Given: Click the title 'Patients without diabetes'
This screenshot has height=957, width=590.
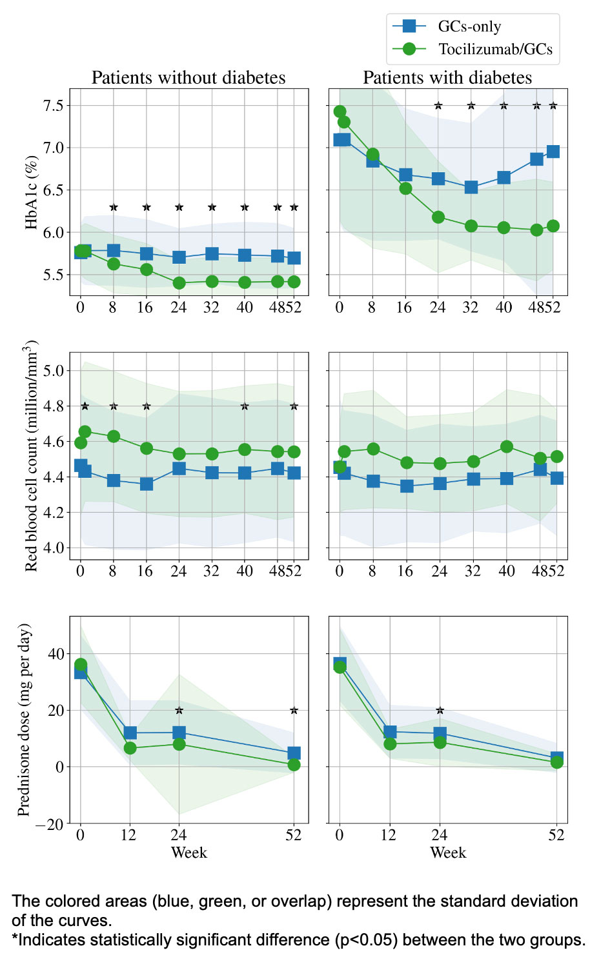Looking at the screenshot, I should [x=188, y=78].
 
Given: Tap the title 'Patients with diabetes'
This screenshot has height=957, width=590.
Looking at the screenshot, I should [x=447, y=78].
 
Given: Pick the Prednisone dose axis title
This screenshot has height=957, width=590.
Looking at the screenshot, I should [x=25, y=720].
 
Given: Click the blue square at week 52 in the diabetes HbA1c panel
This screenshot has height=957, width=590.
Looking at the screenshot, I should [x=553, y=152].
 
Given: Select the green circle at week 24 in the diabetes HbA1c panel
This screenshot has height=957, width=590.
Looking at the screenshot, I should [x=438, y=217].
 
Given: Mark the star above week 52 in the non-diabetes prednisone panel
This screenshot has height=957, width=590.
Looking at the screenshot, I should [x=294, y=711].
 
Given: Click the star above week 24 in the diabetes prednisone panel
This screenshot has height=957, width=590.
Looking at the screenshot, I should [x=440, y=711].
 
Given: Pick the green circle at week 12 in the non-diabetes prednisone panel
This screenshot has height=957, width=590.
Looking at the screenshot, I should [x=130, y=748].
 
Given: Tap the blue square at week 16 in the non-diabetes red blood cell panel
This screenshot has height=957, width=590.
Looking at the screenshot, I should [x=147, y=484].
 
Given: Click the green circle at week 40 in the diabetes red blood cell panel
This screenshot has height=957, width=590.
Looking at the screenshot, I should [x=507, y=446].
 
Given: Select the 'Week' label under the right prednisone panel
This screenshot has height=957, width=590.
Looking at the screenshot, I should [x=448, y=853].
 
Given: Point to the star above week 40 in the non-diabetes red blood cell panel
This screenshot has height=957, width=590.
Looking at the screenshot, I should [x=245, y=406].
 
